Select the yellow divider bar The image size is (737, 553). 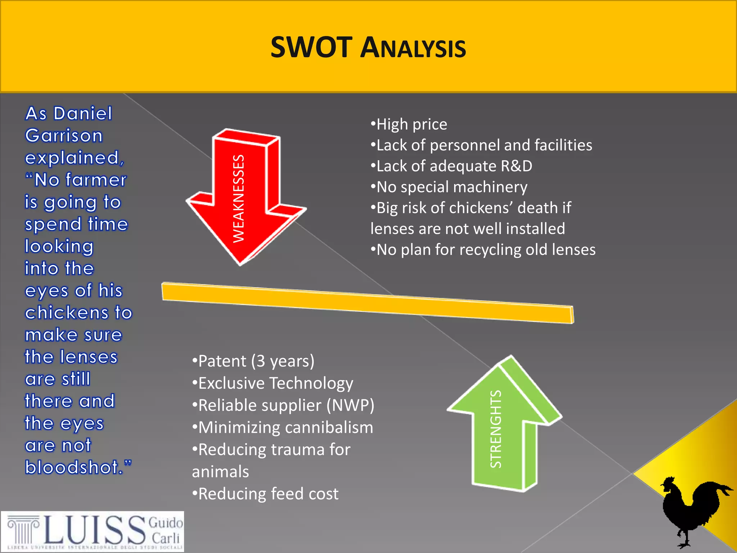[367, 302]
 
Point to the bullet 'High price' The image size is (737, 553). [409, 125]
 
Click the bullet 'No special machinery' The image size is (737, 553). [449, 187]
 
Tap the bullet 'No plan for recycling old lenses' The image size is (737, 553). [483, 250]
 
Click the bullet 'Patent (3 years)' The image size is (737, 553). [253, 361]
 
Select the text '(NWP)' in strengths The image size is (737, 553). [351, 405]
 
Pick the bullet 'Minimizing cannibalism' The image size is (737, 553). [283, 428]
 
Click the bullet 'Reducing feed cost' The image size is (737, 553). [266, 494]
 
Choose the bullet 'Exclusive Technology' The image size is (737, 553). [273, 383]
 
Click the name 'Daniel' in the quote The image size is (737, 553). [83, 114]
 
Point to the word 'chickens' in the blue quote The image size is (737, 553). [67, 313]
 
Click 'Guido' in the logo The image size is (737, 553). [166, 523]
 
